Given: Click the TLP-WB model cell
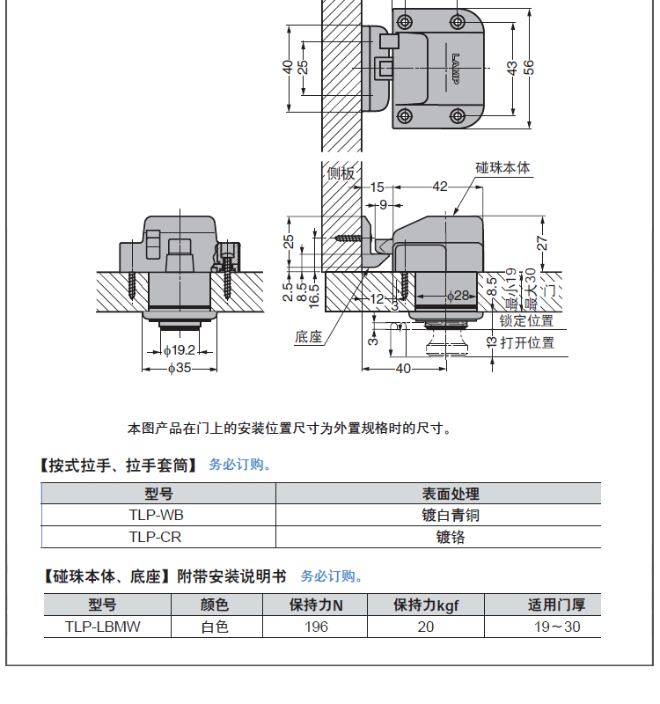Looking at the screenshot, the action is coord(157,515).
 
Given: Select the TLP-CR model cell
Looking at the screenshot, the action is coord(156,537).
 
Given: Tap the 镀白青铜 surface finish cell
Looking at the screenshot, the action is coord(451,515).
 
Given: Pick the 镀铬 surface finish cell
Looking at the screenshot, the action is coord(451,537).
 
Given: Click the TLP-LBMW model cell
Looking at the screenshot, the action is coord(103,627).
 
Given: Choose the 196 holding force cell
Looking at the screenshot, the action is coord(316,627).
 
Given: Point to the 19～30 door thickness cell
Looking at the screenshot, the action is coord(557,627).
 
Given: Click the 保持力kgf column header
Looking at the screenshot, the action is coord(426,605).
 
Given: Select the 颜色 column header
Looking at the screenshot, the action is coord(215,605).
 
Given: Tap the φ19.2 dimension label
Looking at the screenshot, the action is coord(180,350).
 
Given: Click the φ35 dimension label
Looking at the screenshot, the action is coord(180,368).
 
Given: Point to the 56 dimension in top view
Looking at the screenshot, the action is coord(530,68).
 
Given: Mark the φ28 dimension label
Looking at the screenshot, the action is coord(458,296).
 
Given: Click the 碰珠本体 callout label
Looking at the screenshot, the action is coord(502,167).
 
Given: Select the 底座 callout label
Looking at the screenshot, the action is coord(309,337).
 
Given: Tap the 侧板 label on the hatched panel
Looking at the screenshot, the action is coord(341,172).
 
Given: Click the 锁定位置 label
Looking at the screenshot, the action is coord(526,320).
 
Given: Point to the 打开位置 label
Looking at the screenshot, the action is coord(527,343).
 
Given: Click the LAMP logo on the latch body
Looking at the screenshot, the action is coord(456,69).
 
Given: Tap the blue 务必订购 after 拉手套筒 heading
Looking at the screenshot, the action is coord(240,465).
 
